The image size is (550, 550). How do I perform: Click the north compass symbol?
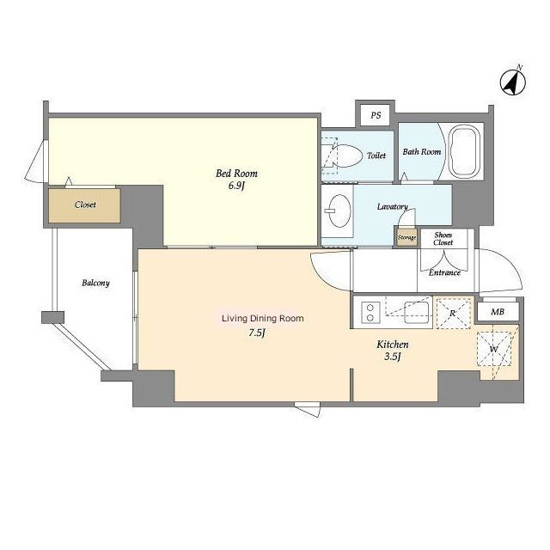pos(512,82)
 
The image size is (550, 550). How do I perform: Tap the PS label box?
pos(376,115)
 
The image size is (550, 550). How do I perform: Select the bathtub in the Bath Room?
pos(465,151)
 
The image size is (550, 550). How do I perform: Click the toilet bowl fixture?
pos(345,156)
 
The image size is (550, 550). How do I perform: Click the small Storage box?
pos(406,237)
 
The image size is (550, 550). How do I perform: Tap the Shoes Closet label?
pos(443,239)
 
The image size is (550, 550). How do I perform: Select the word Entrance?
pos(444,272)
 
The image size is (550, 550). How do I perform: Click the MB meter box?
pos(498,311)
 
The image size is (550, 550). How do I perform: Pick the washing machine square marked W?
pos(494,349)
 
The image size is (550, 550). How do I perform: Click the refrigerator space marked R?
pos(453,313)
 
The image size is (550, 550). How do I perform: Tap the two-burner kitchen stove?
pos(370,313)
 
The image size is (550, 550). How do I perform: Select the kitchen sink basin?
pos(417,313)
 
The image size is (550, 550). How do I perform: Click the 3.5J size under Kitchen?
pos(393,357)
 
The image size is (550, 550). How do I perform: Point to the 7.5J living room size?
pos(256,333)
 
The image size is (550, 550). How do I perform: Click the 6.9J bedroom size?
pos(236,186)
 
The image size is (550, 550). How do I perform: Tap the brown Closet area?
pos(84,205)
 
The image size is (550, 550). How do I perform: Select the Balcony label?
pos(95,283)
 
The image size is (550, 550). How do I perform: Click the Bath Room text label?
pos(422,152)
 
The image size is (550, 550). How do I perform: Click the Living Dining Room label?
pos(263,319)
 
